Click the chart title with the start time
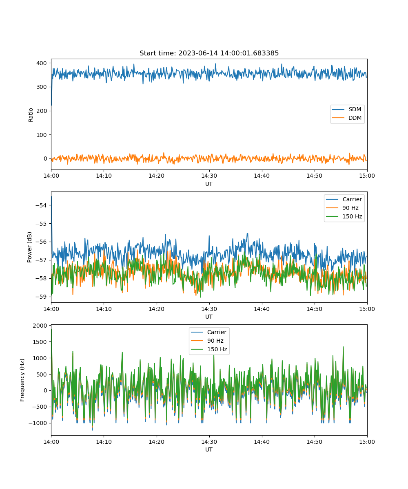coord(209,53)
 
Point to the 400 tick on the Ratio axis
coord(42,63)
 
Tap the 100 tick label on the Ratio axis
coord(42,135)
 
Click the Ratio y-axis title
coord(31,115)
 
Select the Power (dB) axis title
coord(29,247)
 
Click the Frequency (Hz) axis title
coord(22,380)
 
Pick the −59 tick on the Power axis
coord(41,297)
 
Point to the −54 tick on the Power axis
coord(41,205)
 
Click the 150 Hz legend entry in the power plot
coord(344,216)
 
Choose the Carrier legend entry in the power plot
coord(344,199)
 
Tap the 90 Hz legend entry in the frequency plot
coord(207,341)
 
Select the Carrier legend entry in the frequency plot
coord(208,332)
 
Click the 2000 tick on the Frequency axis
coord(40,326)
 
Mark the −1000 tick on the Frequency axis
coord(38,423)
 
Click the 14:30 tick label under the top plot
coord(209,176)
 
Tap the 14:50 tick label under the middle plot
coord(315,309)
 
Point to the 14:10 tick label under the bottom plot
coord(104,442)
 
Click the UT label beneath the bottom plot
coord(209,449)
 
